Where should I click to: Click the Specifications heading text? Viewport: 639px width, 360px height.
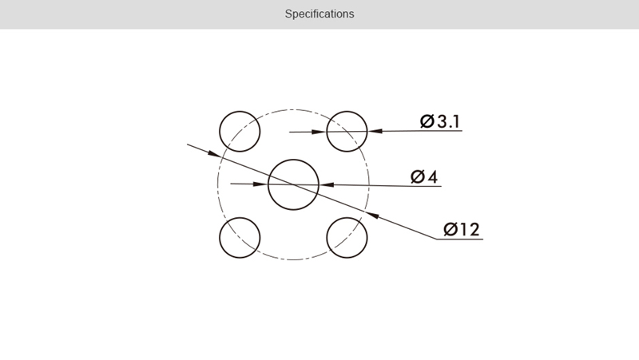(319, 14)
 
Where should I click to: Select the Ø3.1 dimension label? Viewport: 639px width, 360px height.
(440, 121)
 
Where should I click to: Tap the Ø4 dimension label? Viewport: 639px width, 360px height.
(424, 176)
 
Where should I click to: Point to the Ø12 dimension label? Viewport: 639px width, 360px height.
(462, 229)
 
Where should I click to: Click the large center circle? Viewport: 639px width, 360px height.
(293, 160)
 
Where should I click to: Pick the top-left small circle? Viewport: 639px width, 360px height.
(240, 111)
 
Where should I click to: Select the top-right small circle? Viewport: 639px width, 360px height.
(347, 111)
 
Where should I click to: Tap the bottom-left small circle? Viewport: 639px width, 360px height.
(240, 218)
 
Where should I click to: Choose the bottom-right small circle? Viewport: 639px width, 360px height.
(347, 218)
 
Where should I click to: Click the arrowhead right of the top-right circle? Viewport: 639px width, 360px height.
(375, 131)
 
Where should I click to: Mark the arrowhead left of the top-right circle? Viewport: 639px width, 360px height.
(319, 132)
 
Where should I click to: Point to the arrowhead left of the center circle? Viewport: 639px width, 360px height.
(260, 184)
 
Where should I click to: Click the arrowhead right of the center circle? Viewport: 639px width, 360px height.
(327, 184)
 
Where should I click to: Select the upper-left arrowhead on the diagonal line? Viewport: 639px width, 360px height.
(214, 153)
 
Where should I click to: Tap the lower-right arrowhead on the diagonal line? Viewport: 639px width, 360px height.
(372, 215)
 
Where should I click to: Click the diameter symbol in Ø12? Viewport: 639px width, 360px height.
(450, 229)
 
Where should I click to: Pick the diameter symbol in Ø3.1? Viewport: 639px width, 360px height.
(427, 121)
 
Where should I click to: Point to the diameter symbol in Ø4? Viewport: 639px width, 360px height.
(418, 176)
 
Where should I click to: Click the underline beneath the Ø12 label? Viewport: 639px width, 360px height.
(460, 239)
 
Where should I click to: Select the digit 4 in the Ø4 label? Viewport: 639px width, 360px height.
(433, 176)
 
